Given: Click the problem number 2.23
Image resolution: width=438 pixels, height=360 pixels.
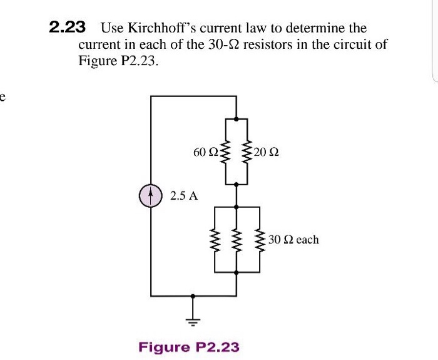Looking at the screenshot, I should (67, 28).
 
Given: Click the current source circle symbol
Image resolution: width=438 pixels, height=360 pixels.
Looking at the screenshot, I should (151, 196).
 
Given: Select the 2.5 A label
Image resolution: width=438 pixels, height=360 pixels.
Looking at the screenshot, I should (183, 196).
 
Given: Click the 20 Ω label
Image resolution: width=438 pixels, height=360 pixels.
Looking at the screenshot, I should (267, 152).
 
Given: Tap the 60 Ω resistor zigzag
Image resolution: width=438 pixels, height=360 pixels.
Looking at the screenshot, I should (225, 152).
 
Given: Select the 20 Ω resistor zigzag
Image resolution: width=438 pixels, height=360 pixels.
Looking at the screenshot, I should (247, 152).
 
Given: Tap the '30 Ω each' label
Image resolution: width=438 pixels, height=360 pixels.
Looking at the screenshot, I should (293, 240).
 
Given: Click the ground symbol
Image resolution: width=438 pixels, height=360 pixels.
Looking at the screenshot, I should (193, 321).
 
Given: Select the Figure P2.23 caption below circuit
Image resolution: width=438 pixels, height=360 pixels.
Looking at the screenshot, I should (188, 346).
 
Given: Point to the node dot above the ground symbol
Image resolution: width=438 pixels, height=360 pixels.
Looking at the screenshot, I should (193, 296).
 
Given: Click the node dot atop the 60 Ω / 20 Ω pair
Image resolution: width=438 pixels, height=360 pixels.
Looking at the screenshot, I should (236, 118).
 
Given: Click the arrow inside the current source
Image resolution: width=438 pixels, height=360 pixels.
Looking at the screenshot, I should (151, 195).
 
